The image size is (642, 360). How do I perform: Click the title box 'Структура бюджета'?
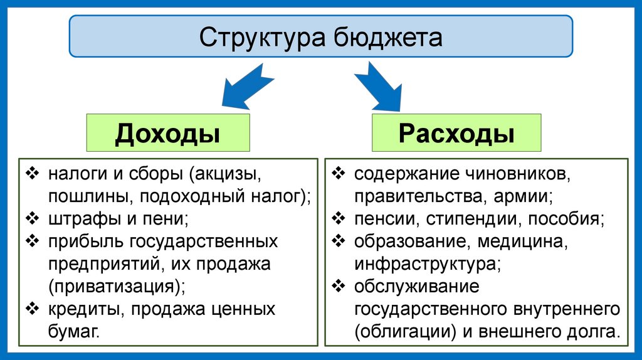coord(320,37)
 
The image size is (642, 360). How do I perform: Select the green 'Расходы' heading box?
coord(456,132)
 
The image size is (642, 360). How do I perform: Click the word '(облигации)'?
coord(400,332)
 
